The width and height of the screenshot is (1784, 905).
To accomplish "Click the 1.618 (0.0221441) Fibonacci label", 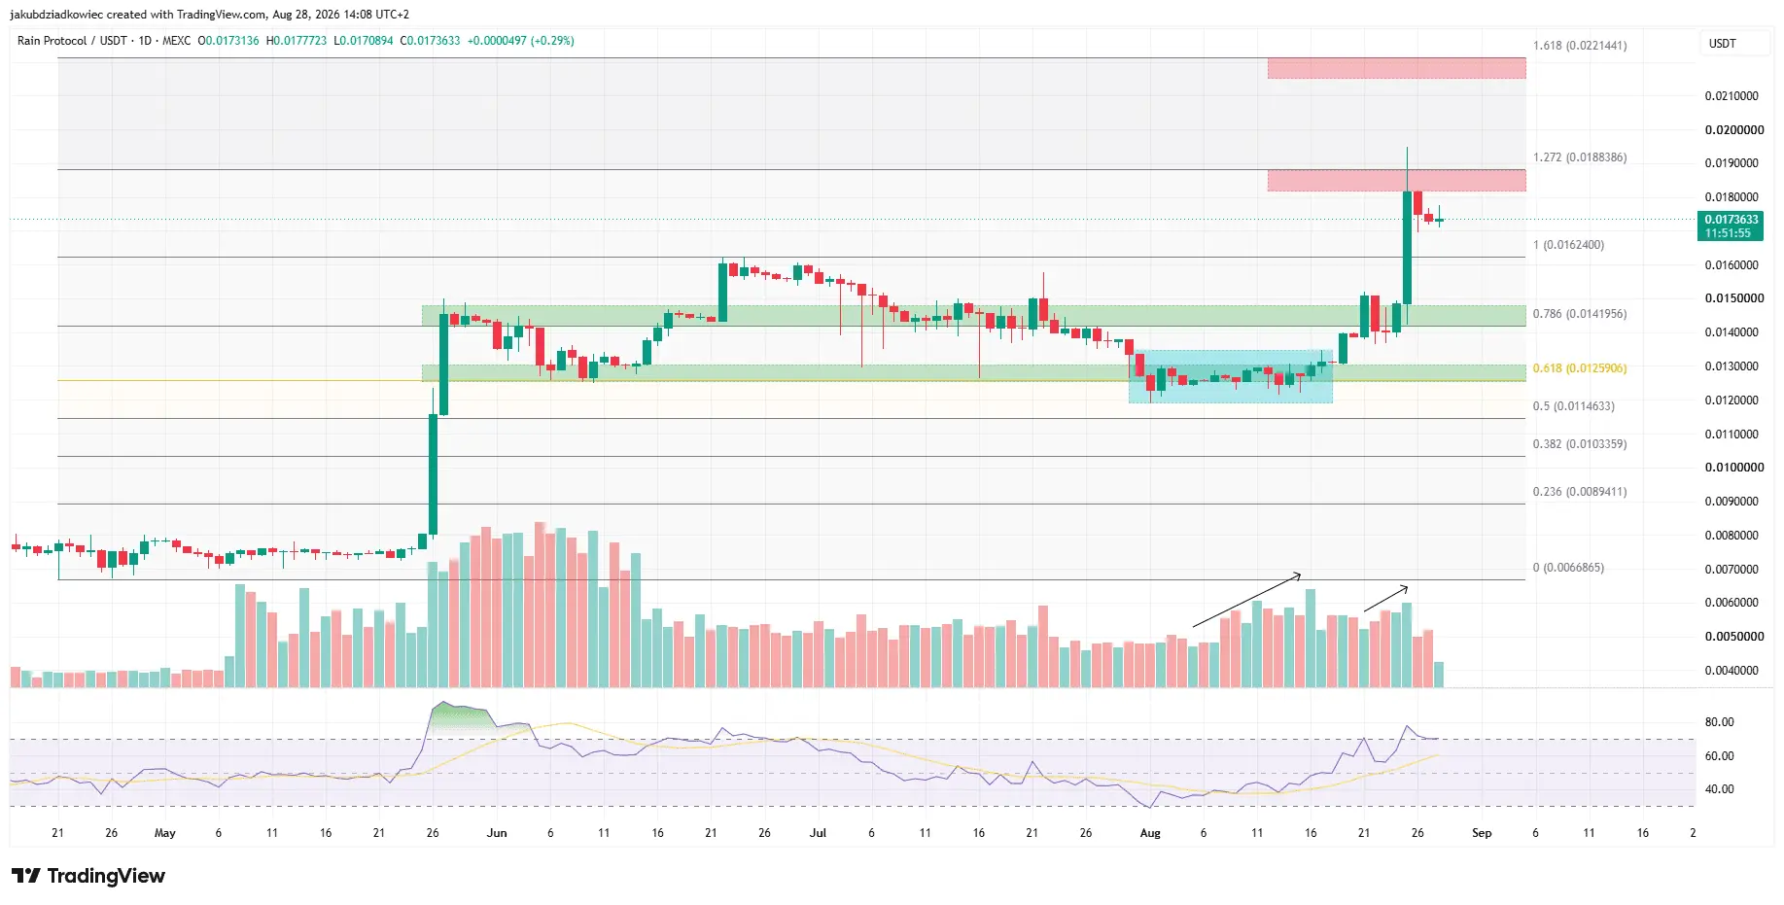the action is point(1579,46).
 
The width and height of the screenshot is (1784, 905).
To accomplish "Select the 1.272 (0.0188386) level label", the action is point(1579,157).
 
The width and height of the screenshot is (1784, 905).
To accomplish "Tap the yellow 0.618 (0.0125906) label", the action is point(1579,368).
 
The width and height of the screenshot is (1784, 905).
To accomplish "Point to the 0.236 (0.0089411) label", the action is point(1579,492).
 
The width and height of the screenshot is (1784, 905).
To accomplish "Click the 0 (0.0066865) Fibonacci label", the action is point(1568,568).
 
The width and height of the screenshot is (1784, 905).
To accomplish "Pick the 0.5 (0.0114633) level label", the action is point(1572,406).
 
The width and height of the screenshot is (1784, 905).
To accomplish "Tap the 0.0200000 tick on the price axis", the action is point(1734,130).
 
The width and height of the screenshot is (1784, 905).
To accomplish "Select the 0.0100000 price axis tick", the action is point(1734,468).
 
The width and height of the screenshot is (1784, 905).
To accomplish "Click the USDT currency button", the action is point(1723,44).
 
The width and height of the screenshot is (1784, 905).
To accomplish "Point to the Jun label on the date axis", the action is point(497,833).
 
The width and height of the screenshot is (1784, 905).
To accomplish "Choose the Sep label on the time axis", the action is point(1482,833).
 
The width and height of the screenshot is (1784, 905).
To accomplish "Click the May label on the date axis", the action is point(165,833).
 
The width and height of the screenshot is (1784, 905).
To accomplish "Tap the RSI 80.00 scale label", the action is point(1719,722).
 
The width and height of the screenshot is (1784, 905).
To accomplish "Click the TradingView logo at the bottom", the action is point(88,876).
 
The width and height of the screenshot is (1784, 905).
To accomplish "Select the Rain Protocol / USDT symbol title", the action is point(72,41).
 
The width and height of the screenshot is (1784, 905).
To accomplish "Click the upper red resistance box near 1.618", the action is point(1396,68).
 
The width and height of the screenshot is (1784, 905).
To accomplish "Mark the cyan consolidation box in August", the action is point(1230,376).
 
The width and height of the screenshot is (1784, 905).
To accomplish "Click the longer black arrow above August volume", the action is point(1247,600).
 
